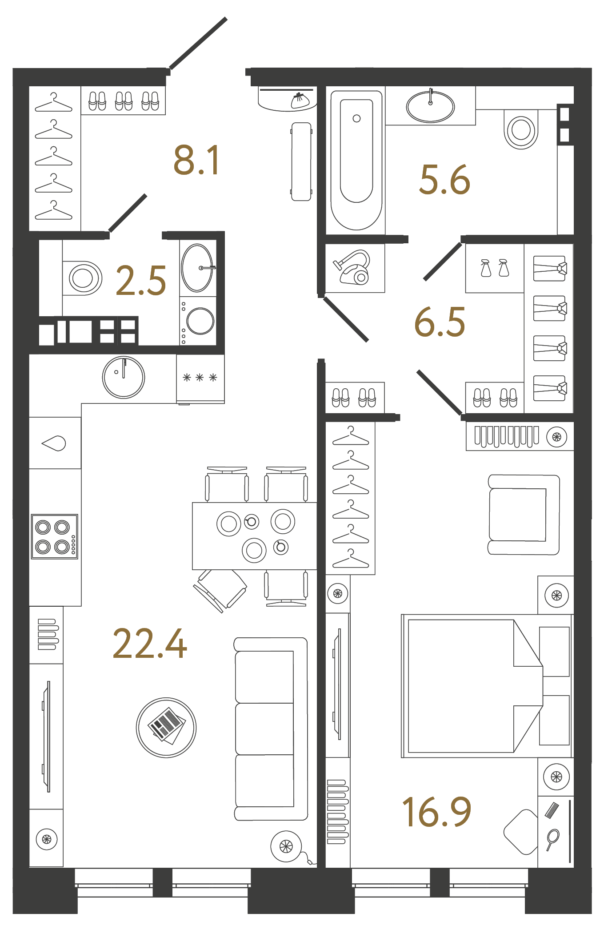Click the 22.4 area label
(150, 644)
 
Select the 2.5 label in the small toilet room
(140, 281)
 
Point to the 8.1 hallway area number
(196, 160)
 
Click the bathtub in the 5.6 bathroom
(356, 160)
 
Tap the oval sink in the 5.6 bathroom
(430, 107)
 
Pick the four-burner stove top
(54, 536)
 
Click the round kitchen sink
(124, 377)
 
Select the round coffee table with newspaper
(166, 728)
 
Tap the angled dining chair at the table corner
(220, 590)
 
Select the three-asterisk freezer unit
(200, 378)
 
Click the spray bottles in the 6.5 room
(494, 268)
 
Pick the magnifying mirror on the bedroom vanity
(552, 838)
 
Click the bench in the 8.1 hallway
(301, 161)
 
